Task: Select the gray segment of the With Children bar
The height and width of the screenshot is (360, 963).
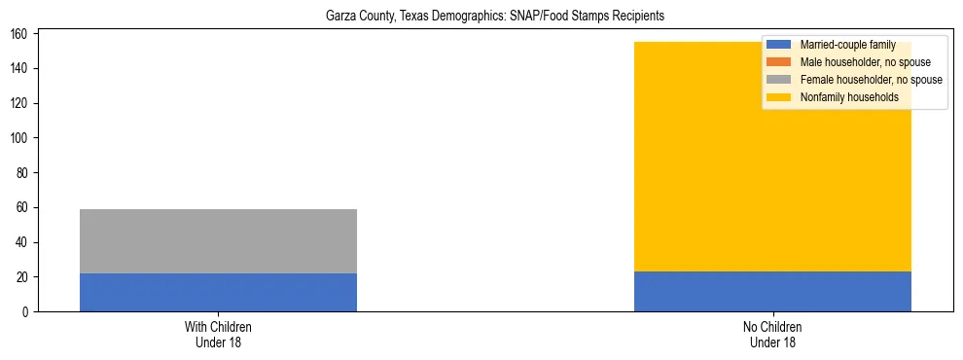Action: tap(218, 241)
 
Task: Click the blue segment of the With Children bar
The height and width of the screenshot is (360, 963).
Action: tap(218, 293)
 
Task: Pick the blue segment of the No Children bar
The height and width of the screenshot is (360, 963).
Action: tap(772, 292)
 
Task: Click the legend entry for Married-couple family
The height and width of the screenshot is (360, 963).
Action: tap(847, 45)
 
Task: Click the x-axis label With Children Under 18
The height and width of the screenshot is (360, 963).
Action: tap(218, 335)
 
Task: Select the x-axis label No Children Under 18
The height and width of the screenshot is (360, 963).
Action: tap(772, 335)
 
